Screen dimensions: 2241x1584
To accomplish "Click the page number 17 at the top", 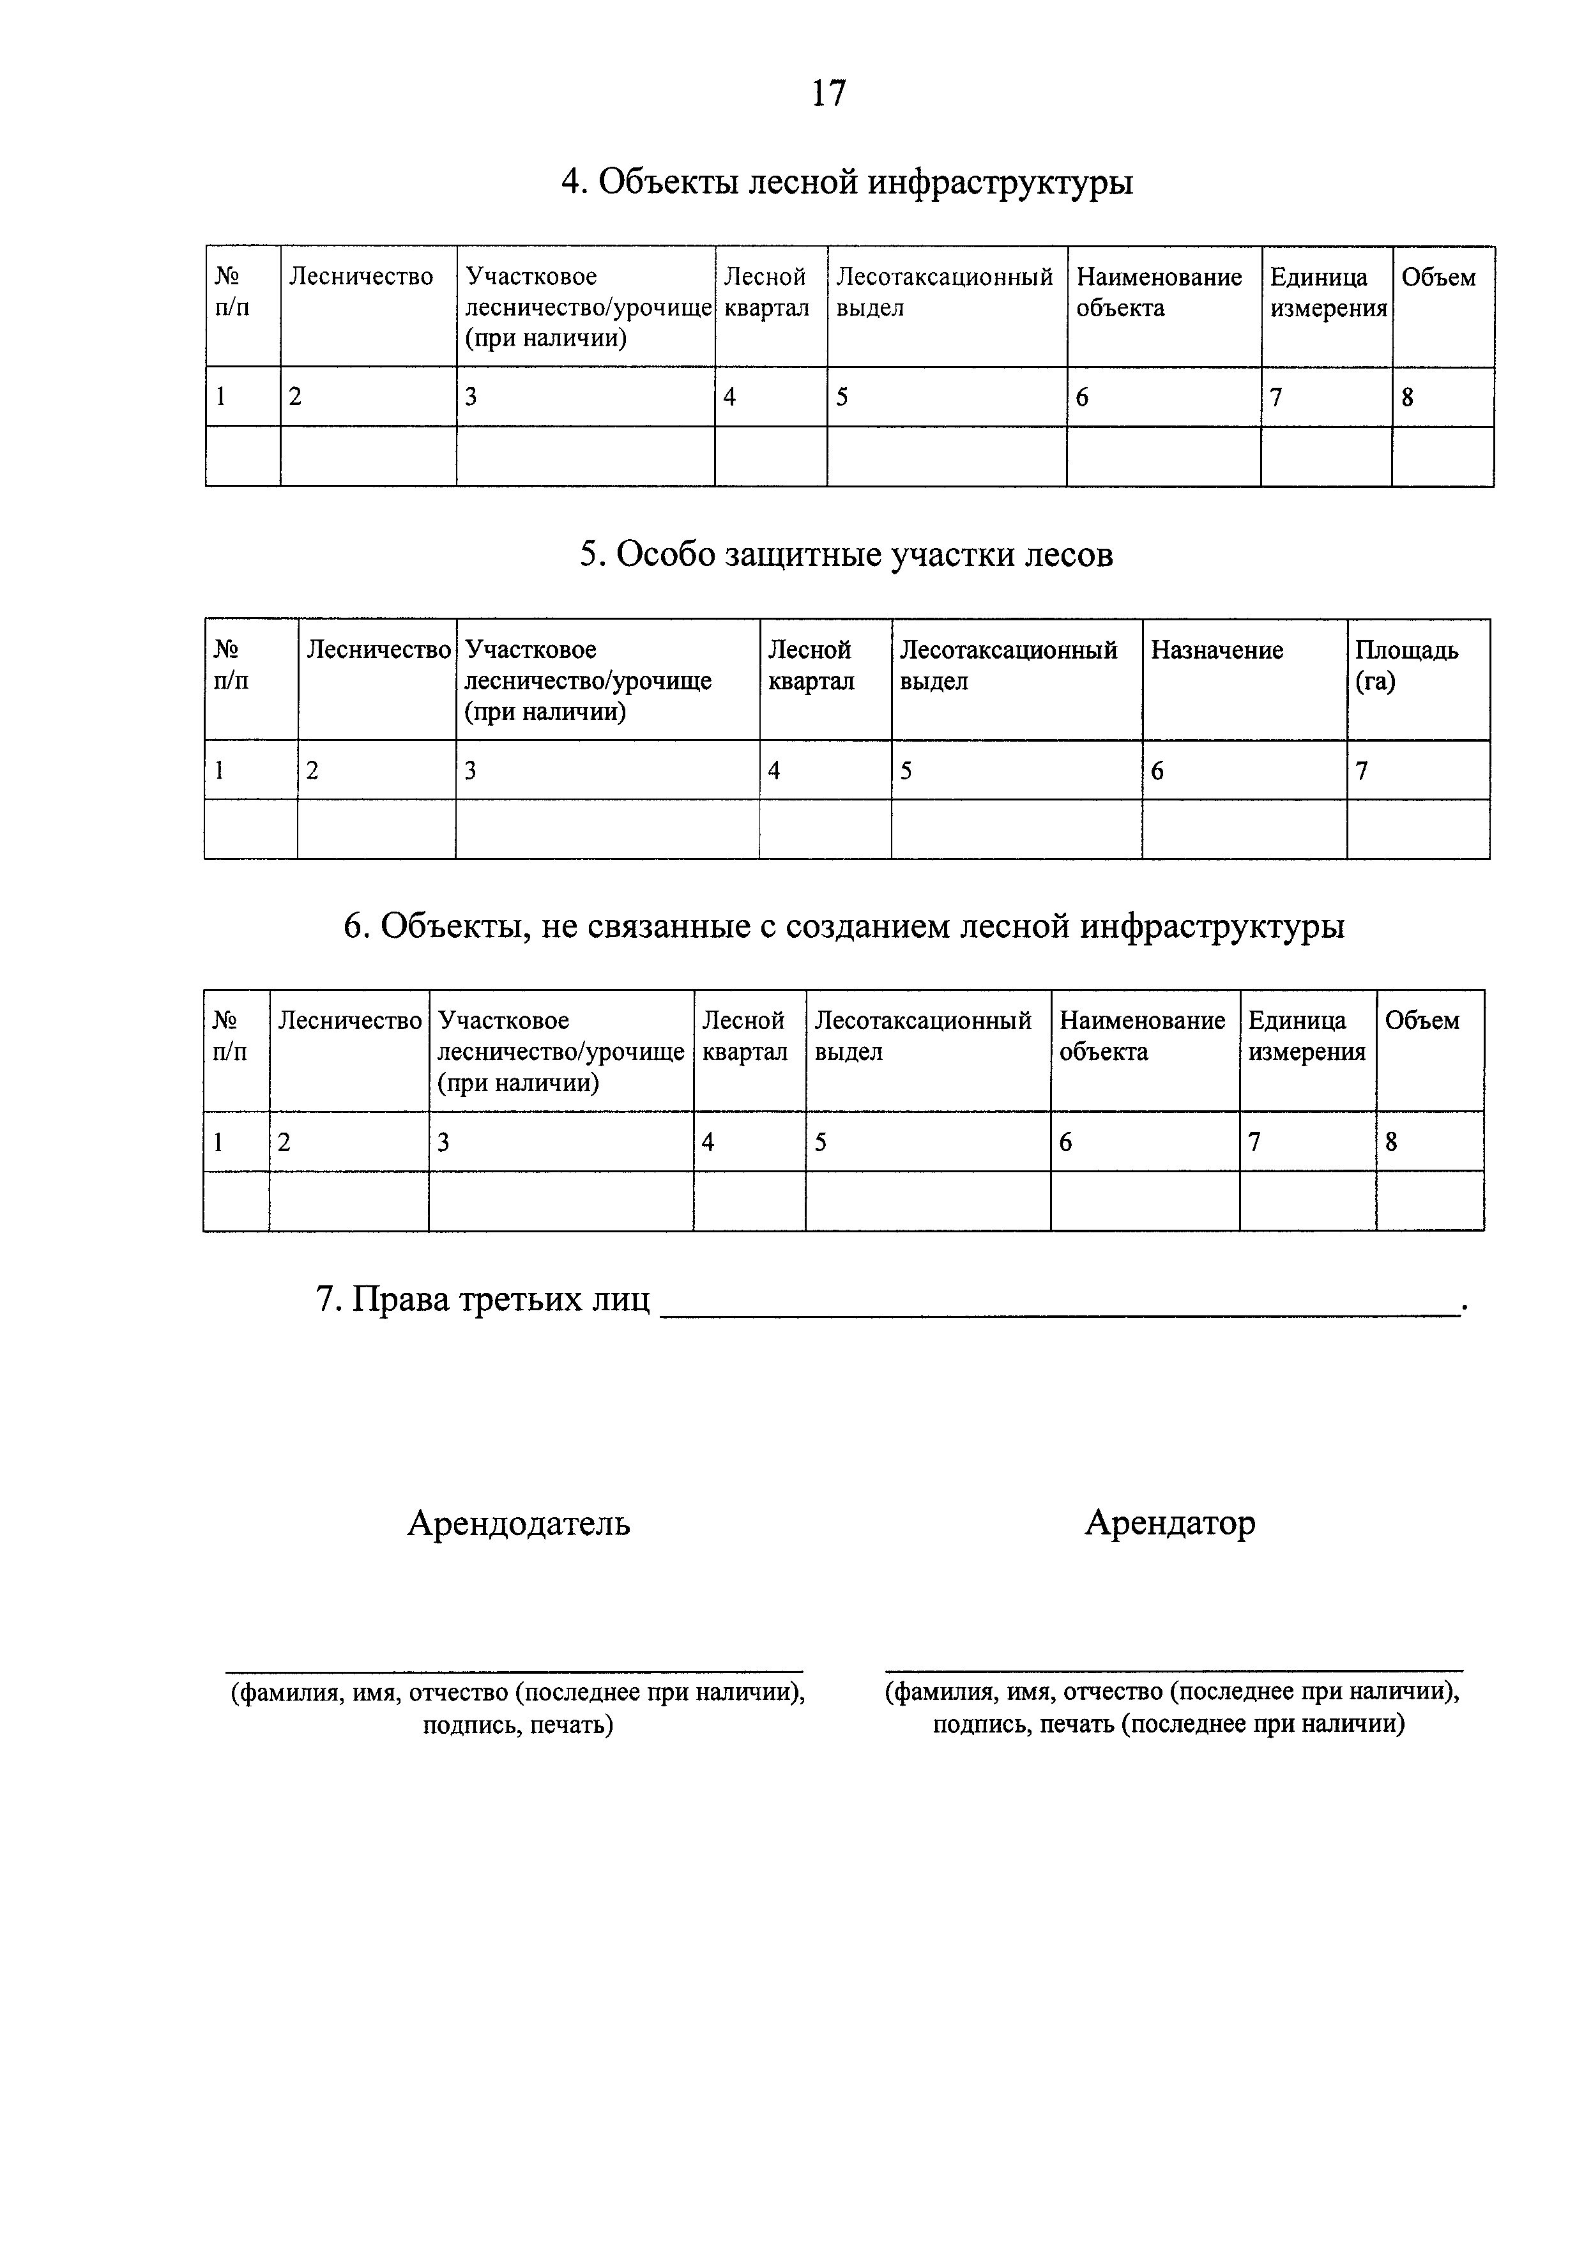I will [x=828, y=94].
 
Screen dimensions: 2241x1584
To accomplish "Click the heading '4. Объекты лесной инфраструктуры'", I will [x=846, y=181].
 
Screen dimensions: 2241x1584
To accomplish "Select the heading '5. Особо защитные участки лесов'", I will [x=846, y=555].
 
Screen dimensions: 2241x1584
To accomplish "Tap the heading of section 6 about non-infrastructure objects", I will [x=843, y=925].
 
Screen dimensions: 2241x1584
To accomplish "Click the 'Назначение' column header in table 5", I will [x=1216, y=651].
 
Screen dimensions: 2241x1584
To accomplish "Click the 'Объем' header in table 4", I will [x=1438, y=278].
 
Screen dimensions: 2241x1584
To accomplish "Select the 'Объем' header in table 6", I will [x=1422, y=1021].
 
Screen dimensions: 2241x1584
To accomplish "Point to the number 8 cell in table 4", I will [x=1407, y=397].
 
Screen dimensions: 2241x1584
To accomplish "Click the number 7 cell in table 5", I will [x=1362, y=771].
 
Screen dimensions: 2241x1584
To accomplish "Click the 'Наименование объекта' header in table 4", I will [x=1159, y=293].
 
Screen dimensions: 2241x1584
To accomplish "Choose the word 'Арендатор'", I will [x=1169, y=1522].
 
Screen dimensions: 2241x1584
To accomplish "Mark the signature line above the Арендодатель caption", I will [x=514, y=1671].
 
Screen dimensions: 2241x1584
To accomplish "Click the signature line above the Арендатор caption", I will [x=1174, y=1671].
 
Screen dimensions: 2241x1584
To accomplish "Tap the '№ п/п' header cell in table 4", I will [x=232, y=293].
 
